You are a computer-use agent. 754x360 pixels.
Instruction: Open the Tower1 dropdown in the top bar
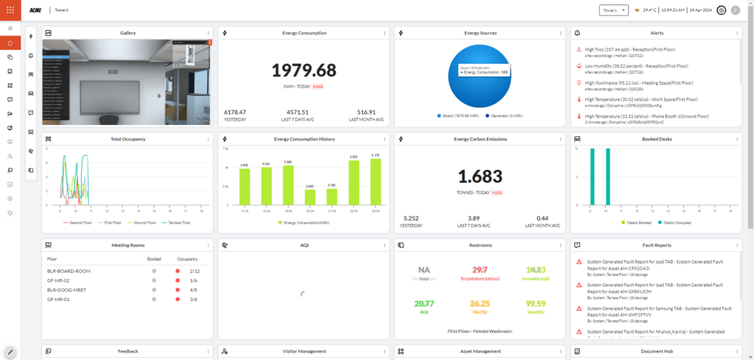click(614, 10)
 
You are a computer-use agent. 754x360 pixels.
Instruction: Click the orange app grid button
click(10, 10)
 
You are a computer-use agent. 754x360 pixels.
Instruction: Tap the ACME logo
click(35, 10)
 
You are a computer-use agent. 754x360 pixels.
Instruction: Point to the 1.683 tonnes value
click(480, 177)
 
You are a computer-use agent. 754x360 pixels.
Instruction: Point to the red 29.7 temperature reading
click(479, 270)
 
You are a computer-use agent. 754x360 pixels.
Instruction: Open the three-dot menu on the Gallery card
click(210, 33)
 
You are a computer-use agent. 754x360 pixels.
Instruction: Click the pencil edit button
click(10, 353)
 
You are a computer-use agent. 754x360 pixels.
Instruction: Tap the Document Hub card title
click(658, 351)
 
